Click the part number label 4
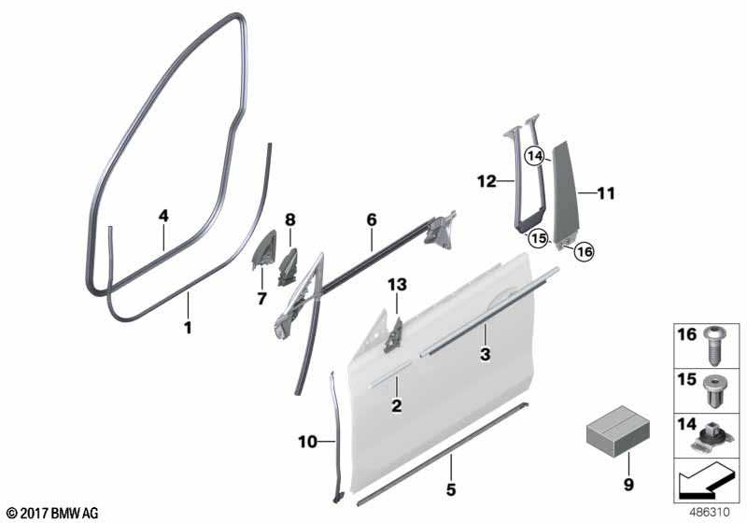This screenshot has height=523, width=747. click(x=163, y=217)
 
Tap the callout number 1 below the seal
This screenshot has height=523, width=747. click(x=189, y=328)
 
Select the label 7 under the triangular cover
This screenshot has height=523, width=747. click(x=261, y=299)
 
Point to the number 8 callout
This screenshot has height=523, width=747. click(x=290, y=220)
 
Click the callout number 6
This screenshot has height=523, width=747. click(x=372, y=219)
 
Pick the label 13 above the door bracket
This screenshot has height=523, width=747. click(x=398, y=285)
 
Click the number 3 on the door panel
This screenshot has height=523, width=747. click(x=485, y=354)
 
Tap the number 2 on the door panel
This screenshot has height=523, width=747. click(x=396, y=406)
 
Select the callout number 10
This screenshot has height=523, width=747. click(x=307, y=442)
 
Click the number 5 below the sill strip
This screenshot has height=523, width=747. click(x=451, y=489)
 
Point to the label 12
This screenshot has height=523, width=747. click(x=486, y=181)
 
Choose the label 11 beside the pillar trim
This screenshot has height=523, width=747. click(x=606, y=193)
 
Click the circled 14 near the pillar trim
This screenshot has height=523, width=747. click(x=535, y=156)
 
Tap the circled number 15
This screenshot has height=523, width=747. click(x=539, y=238)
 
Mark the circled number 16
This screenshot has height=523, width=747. click(x=585, y=251)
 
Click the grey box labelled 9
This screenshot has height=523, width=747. click(x=617, y=431)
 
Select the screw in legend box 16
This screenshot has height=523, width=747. click(x=713, y=346)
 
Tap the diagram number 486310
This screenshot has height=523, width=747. click(x=710, y=512)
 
